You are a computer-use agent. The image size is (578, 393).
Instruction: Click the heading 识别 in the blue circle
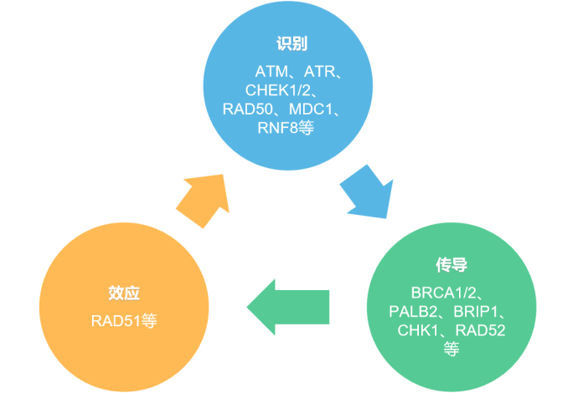point(289,44)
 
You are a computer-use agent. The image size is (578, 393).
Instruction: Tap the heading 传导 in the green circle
point(451,266)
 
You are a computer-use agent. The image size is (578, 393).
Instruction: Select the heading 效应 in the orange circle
point(123,293)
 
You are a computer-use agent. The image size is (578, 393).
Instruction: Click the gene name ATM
point(270,72)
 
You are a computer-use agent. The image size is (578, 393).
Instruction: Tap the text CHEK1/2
point(277,90)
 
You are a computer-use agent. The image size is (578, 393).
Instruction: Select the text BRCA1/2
point(442,292)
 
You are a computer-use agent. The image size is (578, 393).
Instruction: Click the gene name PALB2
point(410,311)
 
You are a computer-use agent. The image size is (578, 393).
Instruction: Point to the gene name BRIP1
point(476,311)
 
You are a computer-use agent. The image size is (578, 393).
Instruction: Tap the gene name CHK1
point(416,330)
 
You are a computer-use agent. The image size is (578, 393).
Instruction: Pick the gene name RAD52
point(480,330)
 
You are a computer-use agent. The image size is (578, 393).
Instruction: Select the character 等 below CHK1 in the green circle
point(451,349)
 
